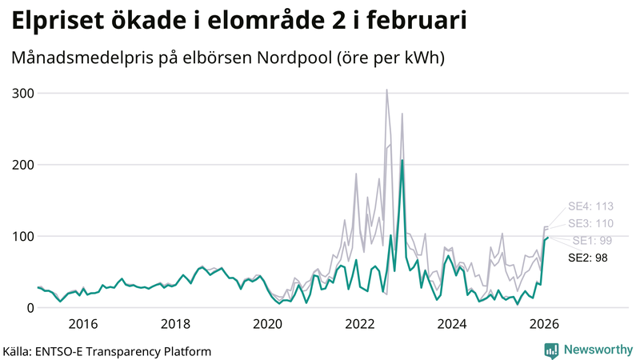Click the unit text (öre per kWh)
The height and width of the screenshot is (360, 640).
390,58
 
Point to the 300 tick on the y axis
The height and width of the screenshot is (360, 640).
22,94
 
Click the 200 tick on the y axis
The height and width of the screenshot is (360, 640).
22,165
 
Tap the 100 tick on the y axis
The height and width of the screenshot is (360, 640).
22,236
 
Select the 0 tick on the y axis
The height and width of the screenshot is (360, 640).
30,307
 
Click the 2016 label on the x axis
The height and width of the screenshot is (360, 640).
83,323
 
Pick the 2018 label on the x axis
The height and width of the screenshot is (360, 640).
175,323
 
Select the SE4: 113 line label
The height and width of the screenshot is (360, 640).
590,206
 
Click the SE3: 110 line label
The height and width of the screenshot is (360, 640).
590,223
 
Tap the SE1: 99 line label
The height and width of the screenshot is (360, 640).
593,241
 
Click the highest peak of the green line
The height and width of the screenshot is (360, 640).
402,161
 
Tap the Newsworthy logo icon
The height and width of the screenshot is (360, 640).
551,350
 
